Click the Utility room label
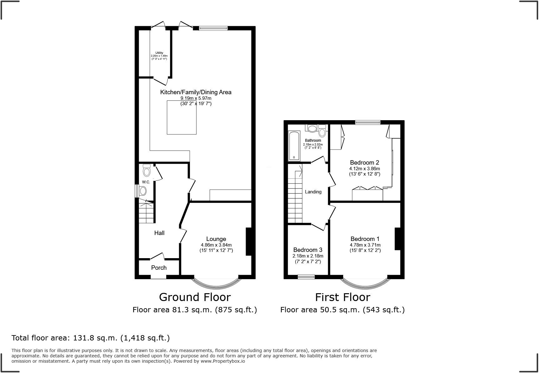(x=159, y=53)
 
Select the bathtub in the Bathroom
(x=294, y=146)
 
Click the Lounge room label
(x=216, y=239)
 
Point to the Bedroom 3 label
(x=308, y=250)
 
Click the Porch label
(x=159, y=268)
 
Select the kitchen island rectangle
(x=182, y=117)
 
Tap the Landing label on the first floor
(x=313, y=192)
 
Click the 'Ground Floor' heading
(x=195, y=297)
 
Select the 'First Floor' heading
(x=342, y=297)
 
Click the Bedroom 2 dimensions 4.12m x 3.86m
(x=365, y=169)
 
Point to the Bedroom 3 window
(x=306, y=277)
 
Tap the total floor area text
(x=91, y=338)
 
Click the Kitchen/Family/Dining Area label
(x=196, y=92)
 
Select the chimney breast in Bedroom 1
(x=397, y=239)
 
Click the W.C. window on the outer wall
(x=137, y=191)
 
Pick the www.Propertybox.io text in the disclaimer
(x=223, y=361)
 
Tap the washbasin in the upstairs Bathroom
(x=312, y=128)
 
